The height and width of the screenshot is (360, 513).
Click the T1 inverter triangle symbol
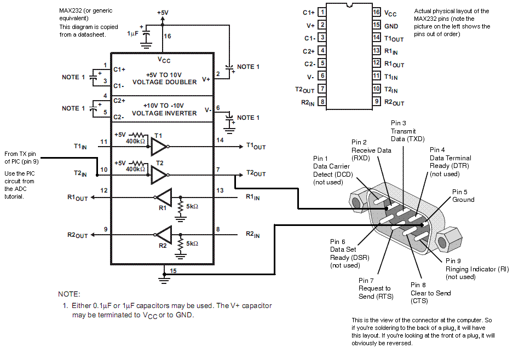click(159, 147)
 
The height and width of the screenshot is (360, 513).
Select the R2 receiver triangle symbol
click(164, 235)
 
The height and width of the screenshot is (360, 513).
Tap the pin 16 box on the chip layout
click(377, 12)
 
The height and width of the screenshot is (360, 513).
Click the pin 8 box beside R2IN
click(322, 102)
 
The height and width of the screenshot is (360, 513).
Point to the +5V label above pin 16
click(163, 13)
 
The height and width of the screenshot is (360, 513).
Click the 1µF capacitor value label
click(132, 33)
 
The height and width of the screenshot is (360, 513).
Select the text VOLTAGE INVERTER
click(164, 113)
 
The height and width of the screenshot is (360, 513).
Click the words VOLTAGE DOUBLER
click(165, 82)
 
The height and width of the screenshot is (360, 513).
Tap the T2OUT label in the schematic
click(256, 173)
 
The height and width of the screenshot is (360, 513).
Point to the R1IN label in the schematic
click(252, 197)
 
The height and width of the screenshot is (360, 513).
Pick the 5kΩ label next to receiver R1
click(192, 206)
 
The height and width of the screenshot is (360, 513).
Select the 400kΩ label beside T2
click(135, 169)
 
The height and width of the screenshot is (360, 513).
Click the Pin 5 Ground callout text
click(463, 195)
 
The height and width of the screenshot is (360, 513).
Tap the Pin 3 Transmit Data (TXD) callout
click(408, 131)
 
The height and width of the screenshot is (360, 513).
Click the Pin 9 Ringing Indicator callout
click(477, 269)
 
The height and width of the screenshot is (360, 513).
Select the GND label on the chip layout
click(391, 26)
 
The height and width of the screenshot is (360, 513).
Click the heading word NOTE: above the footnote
click(69, 294)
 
